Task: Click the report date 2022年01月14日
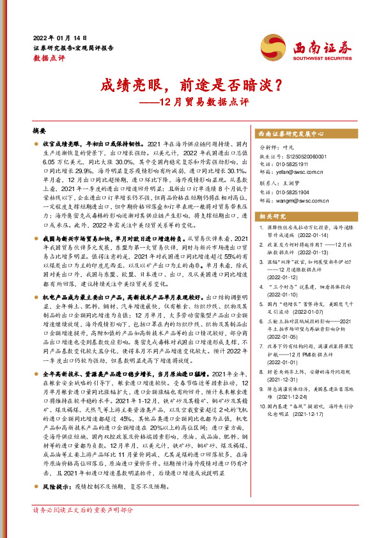(54, 37)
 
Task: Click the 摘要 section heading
(40, 130)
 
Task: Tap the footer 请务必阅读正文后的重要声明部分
(83, 528)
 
